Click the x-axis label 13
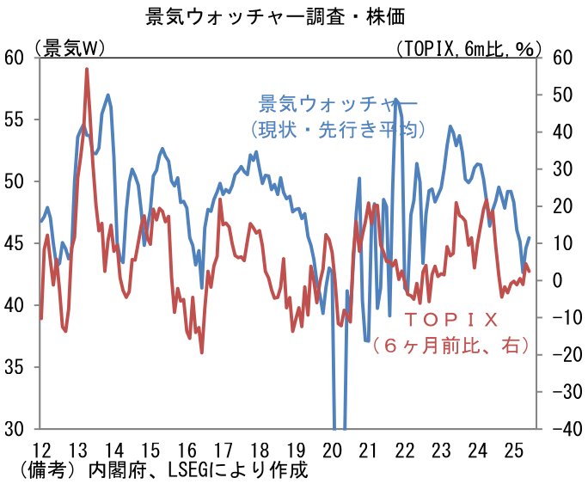(77, 450)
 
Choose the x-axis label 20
(332, 450)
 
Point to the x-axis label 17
(223, 450)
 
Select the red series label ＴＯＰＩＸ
(450, 321)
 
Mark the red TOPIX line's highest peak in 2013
(87, 69)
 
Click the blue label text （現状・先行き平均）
(334, 129)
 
